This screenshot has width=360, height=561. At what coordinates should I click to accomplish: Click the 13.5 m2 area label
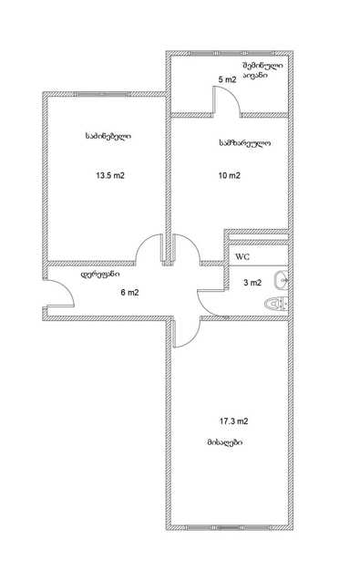[x=110, y=176]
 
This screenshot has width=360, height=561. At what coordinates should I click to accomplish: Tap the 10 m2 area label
[x=229, y=176]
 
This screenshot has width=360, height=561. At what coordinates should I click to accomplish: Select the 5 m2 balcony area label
[x=227, y=79]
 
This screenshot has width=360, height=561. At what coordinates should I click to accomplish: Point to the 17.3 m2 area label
[x=233, y=421]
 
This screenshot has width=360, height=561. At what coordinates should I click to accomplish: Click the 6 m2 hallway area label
[x=129, y=293]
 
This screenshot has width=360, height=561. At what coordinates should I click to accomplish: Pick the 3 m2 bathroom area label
[x=252, y=283]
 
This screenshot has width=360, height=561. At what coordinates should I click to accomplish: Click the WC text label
[x=242, y=257]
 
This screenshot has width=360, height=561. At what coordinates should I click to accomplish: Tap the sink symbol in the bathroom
[x=281, y=280]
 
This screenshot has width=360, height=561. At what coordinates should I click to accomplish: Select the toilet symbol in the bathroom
[x=276, y=305]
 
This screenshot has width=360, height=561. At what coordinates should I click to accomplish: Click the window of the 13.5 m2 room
[x=102, y=95]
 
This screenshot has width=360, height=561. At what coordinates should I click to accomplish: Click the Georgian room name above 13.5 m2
[x=108, y=137]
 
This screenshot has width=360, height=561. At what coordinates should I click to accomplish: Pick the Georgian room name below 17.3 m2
[x=225, y=442]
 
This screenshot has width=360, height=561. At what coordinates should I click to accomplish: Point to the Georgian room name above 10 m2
[x=244, y=143]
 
